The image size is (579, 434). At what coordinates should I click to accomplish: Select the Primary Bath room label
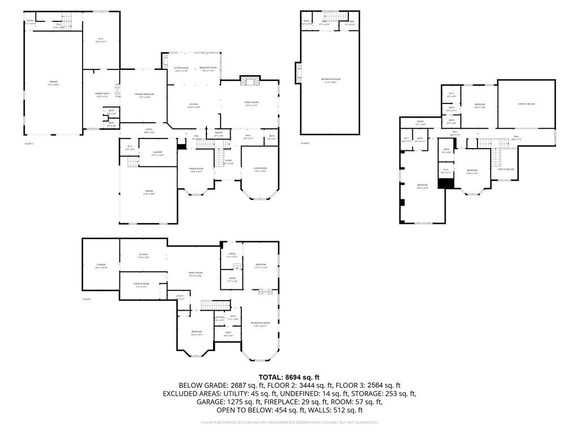(101, 95)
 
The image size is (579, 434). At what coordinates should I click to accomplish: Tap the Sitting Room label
(181, 68)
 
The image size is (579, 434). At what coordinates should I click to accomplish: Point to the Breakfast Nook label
(209, 68)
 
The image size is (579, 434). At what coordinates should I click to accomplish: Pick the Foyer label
(228, 161)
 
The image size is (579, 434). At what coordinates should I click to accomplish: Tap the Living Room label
(260, 169)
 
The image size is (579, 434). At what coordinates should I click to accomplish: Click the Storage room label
(100, 266)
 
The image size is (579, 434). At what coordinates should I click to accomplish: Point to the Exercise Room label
(141, 285)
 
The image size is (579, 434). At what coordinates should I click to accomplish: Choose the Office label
(232, 255)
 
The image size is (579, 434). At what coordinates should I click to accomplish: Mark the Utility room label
(180, 297)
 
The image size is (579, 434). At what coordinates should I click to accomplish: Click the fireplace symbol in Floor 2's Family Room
(249, 81)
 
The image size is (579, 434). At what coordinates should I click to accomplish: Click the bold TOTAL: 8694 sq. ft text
(289, 377)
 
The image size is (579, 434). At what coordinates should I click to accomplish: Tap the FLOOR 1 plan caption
(87, 299)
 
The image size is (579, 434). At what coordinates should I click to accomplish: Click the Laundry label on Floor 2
(158, 153)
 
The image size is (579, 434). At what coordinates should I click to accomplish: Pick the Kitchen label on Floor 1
(143, 256)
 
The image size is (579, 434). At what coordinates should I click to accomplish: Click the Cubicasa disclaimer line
(289, 422)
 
